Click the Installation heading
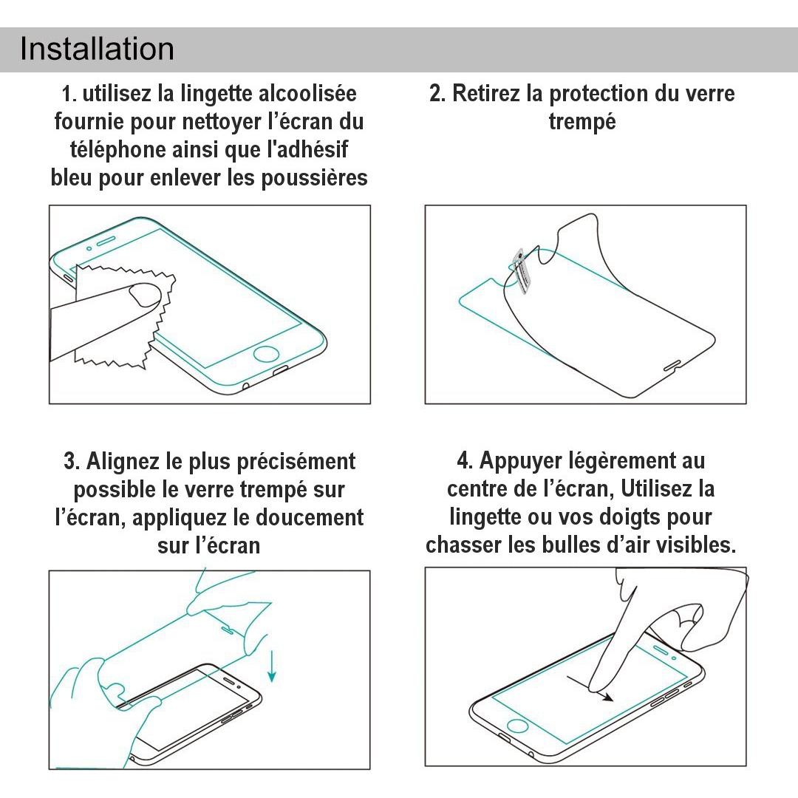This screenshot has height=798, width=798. pos(97,49)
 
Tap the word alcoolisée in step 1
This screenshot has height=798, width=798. pos(307,94)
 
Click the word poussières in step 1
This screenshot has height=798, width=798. pos(314,179)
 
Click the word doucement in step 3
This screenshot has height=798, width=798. pos(309,517)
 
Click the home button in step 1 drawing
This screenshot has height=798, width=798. pos(266,353)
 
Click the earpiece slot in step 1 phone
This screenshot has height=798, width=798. pos(106,241)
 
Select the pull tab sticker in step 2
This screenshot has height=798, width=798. pos(519,270)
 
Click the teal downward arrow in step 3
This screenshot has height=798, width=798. pos(272,666)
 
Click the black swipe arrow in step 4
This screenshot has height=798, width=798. pos(590,688)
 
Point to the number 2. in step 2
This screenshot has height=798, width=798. pos(437,94)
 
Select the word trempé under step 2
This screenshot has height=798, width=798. pos(582,122)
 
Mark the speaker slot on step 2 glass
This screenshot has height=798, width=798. pos(672,366)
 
